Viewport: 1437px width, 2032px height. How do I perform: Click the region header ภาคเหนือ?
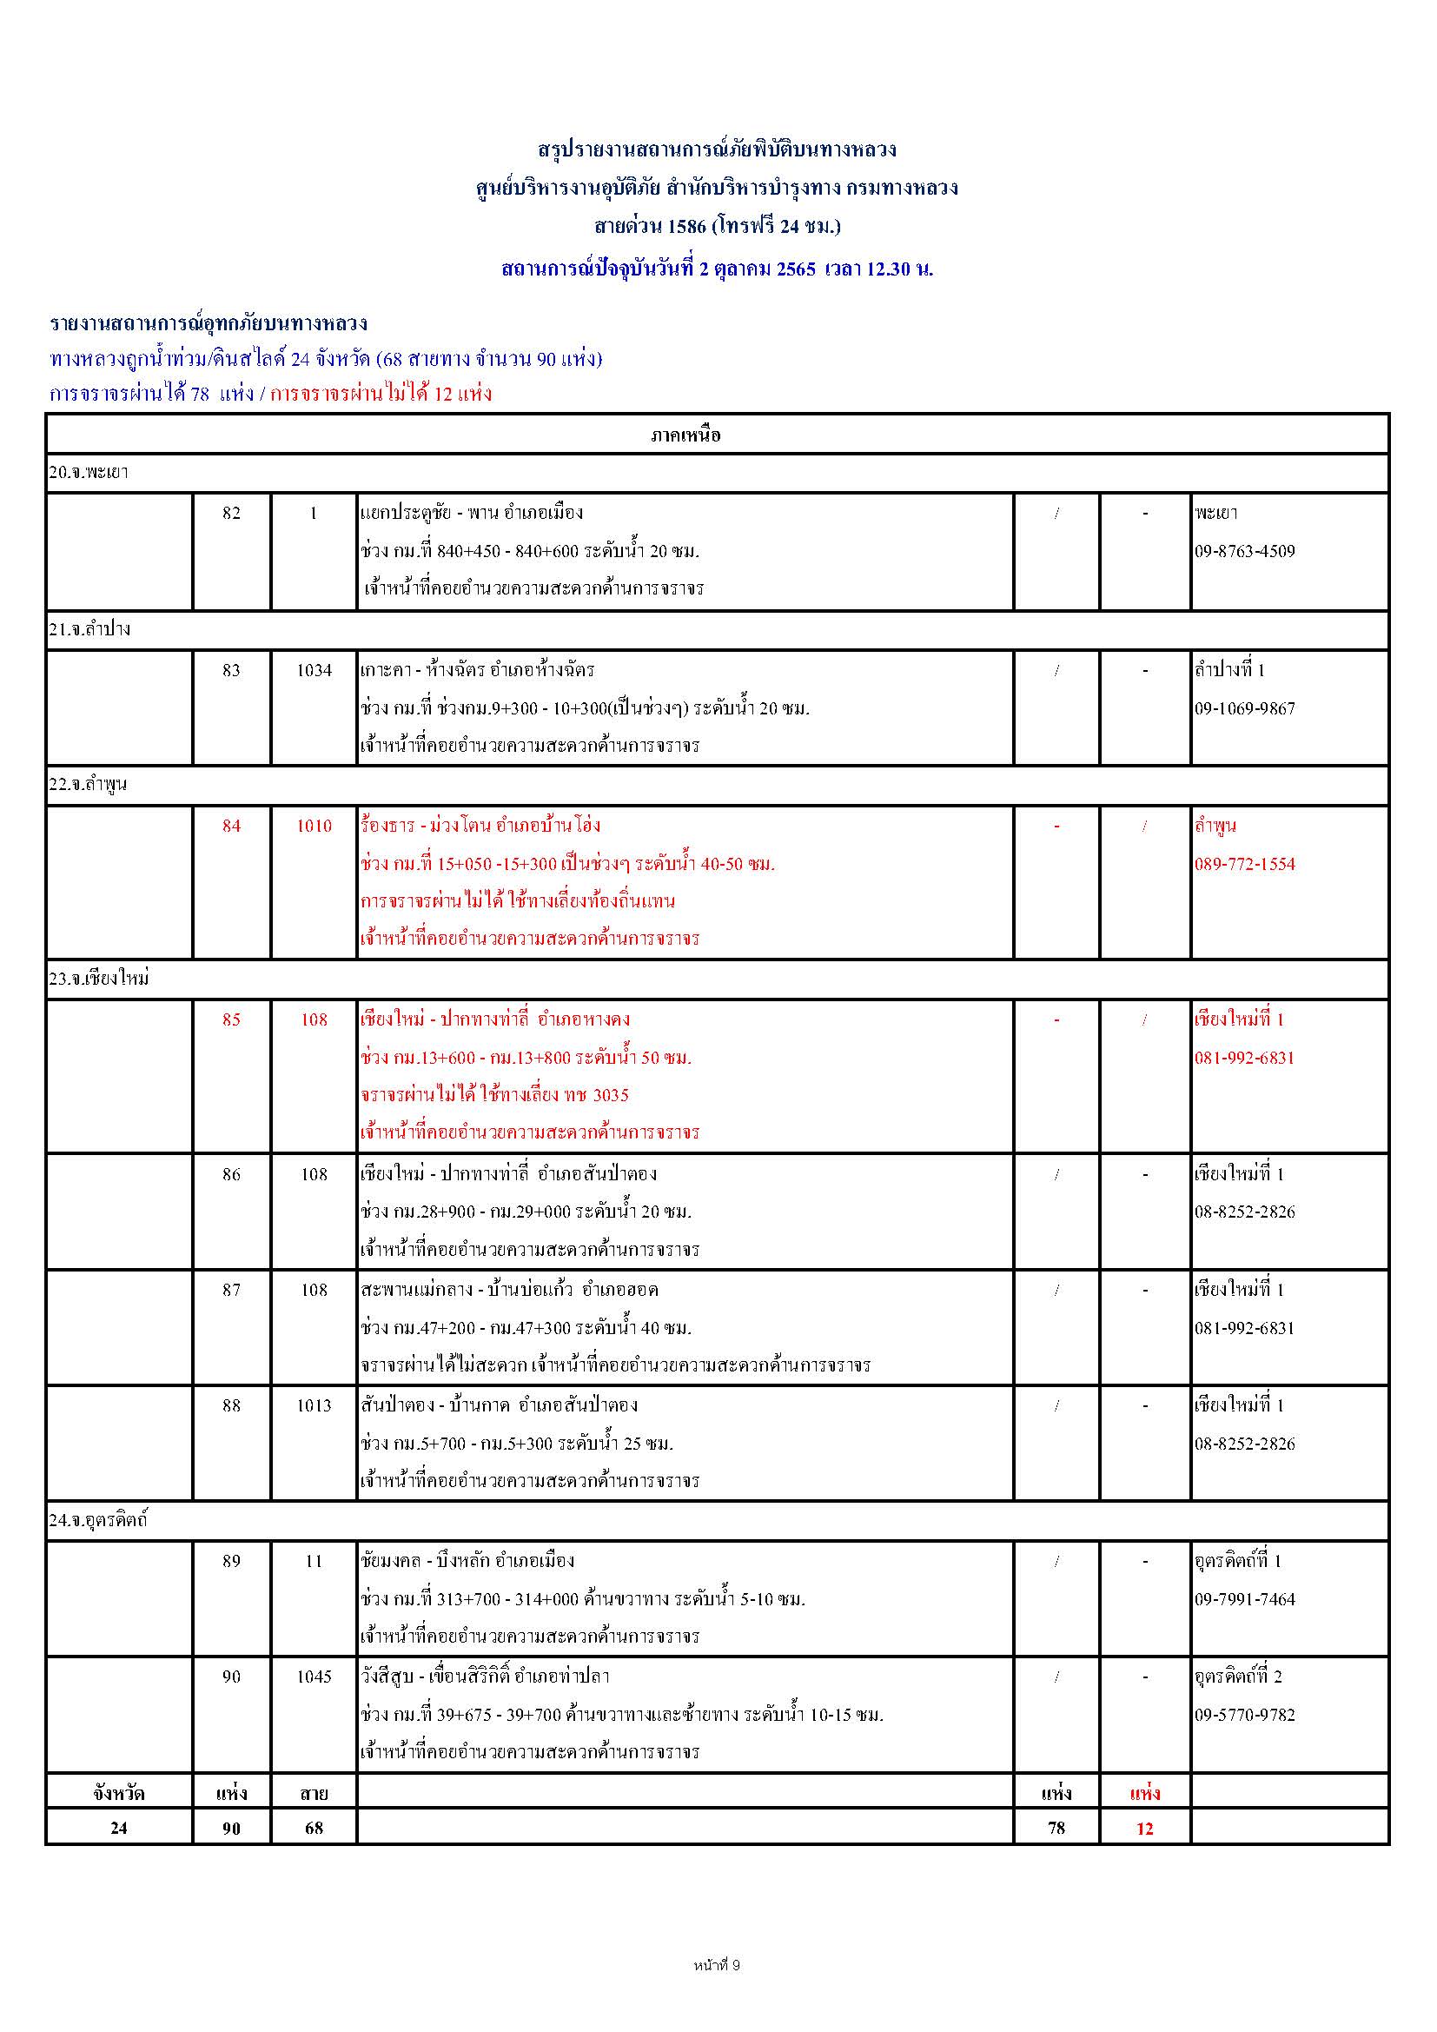click(685, 435)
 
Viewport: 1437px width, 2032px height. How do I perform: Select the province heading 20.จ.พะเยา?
click(89, 473)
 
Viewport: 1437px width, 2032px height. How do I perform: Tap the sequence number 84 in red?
click(231, 826)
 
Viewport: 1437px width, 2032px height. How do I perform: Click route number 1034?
click(315, 670)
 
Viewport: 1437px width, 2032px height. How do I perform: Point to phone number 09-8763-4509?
click(1244, 551)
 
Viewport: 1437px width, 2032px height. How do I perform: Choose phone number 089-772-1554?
click(1244, 864)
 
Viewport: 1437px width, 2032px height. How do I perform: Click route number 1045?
click(315, 1677)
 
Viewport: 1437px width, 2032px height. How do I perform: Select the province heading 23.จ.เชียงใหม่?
click(99, 979)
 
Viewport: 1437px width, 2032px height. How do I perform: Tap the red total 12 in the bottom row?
click(1145, 1829)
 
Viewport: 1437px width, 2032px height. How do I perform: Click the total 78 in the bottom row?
click(1056, 1828)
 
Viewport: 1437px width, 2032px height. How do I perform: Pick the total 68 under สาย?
click(315, 1828)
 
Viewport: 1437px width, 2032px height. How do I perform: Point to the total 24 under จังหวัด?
click(118, 1828)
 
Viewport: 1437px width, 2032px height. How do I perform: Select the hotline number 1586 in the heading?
click(687, 227)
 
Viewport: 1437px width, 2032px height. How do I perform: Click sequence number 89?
click(231, 1561)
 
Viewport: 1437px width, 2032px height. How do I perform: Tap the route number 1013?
click(315, 1405)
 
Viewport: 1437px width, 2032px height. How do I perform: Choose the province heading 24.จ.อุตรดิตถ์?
click(98, 1520)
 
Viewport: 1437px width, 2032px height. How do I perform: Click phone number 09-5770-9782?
click(1244, 1714)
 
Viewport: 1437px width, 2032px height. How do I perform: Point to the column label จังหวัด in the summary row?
click(118, 1794)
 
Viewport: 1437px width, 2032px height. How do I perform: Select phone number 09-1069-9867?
click(1244, 708)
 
